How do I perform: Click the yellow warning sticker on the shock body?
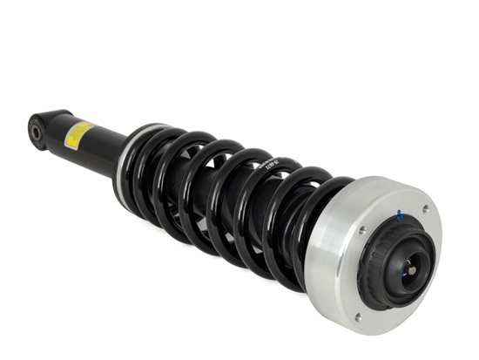point(78,134)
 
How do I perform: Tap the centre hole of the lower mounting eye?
point(37,132)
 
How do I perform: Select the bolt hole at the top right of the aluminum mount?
point(425,209)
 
